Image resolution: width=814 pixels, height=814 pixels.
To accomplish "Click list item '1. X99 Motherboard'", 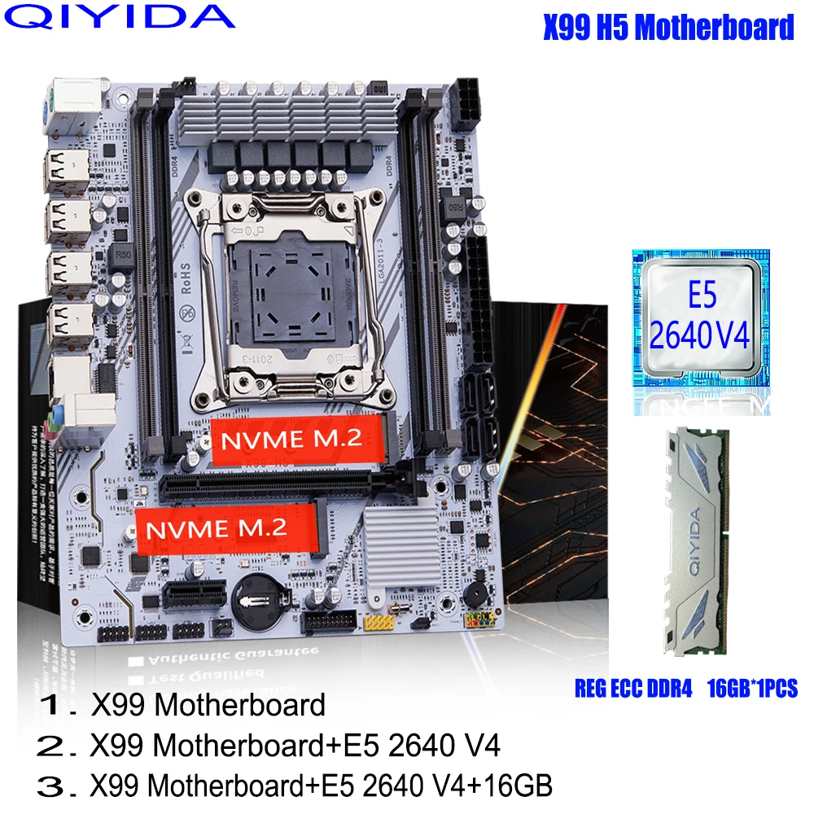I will coord(182,705).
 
